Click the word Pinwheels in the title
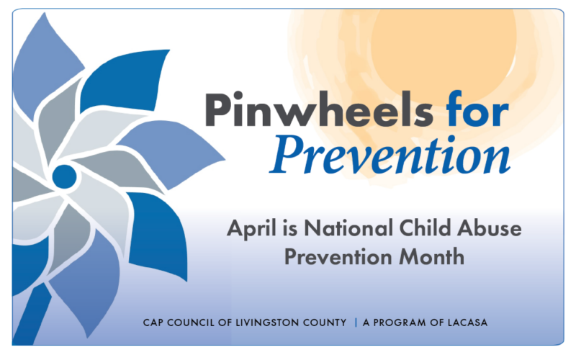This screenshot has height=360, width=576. coord(319,109)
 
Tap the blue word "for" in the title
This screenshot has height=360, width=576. coord(477,109)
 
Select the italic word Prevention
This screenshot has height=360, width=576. coord(390,155)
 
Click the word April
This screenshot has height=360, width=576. coord(251,229)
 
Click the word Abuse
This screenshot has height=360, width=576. coord(490,228)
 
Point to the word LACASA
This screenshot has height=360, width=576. coord(467,323)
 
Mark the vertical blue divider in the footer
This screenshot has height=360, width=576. coord(356,323)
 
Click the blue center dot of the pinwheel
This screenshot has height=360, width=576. coord(64,176)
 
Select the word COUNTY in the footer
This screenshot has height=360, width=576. coord(325,323)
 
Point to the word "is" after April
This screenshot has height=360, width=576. coord(290,228)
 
